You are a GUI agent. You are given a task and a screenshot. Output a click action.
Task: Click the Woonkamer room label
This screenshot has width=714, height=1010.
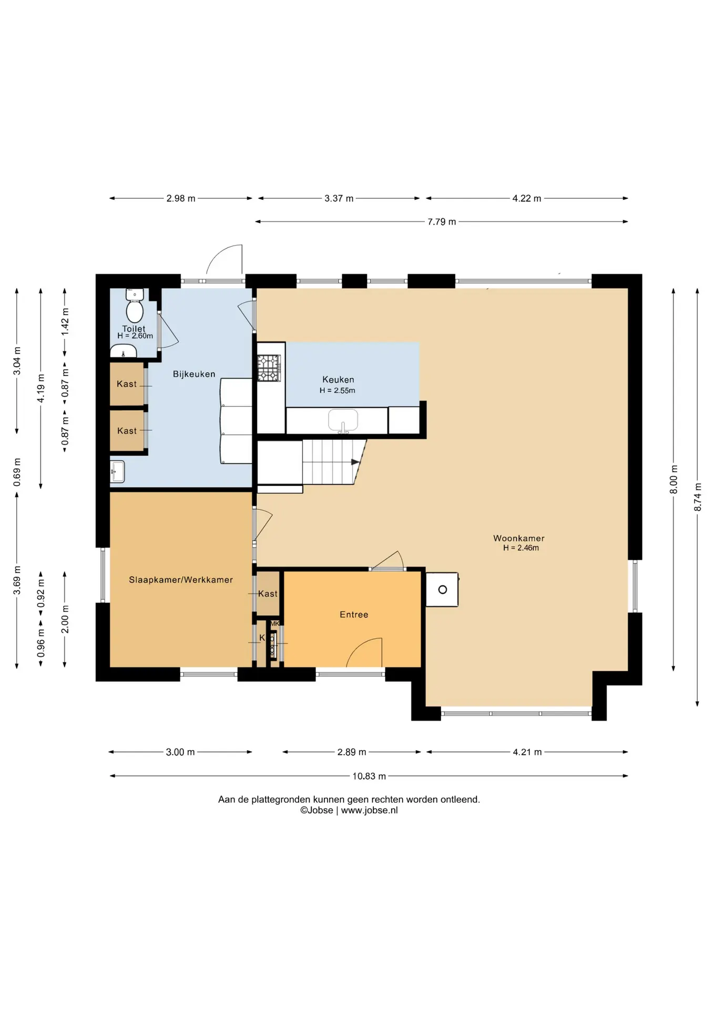point(518,538)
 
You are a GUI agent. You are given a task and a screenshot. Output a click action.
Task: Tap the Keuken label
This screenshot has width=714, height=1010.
point(338,379)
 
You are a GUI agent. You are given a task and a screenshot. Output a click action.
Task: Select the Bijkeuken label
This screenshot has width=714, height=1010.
point(194,374)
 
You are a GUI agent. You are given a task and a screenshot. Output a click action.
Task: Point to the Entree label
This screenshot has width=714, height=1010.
point(354,614)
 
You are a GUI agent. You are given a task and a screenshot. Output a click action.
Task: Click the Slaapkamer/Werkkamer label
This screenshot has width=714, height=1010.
point(181,580)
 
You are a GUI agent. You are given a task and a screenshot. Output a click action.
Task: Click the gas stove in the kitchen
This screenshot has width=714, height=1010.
point(269,368)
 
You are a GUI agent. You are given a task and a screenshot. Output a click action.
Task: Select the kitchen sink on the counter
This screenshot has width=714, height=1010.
point(343,421)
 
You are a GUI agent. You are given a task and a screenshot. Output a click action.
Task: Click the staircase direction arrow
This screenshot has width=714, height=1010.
point(356,462)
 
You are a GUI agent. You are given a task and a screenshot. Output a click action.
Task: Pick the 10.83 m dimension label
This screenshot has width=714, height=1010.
point(369,776)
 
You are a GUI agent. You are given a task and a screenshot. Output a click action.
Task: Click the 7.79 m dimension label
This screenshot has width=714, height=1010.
point(442,221)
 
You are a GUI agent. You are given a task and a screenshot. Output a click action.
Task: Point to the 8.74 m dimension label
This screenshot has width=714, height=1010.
point(698,497)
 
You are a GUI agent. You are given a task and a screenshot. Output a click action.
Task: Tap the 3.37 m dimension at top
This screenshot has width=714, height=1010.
point(339,198)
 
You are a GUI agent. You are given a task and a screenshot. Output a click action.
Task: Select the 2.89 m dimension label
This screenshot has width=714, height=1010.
point(352,752)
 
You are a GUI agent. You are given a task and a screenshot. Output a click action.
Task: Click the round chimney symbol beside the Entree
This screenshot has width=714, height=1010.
point(443,590)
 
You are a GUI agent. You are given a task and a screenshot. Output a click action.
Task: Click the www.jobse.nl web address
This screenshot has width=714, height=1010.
point(369,811)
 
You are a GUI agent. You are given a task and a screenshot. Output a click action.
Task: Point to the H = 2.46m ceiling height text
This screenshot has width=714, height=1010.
point(521,548)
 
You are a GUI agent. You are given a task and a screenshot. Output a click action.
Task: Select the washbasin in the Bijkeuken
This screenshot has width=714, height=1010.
point(117,472)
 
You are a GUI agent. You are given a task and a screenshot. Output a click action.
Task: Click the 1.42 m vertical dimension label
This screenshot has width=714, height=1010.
point(65,322)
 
